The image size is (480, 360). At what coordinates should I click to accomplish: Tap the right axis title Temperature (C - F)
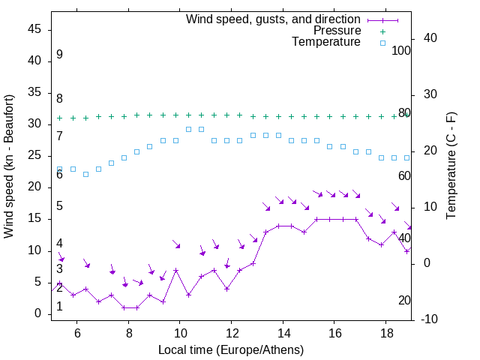(x=451, y=166)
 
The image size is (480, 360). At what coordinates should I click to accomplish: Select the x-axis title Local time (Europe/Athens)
(x=231, y=349)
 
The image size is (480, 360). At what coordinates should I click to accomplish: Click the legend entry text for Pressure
(x=337, y=31)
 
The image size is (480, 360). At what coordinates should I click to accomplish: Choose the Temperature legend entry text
(x=326, y=42)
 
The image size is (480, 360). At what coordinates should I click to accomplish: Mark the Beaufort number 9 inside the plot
(x=59, y=55)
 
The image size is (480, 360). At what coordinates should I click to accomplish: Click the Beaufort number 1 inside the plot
(x=59, y=307)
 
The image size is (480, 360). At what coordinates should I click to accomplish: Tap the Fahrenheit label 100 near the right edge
(x=401, y=50)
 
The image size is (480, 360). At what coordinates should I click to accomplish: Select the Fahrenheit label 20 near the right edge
(x=404, y=300)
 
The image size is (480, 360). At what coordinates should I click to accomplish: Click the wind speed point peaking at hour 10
(x=175, y=270)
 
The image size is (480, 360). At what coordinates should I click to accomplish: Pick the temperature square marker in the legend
(x=382, y=43)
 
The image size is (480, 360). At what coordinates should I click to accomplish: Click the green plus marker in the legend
(x=382, y=31)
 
